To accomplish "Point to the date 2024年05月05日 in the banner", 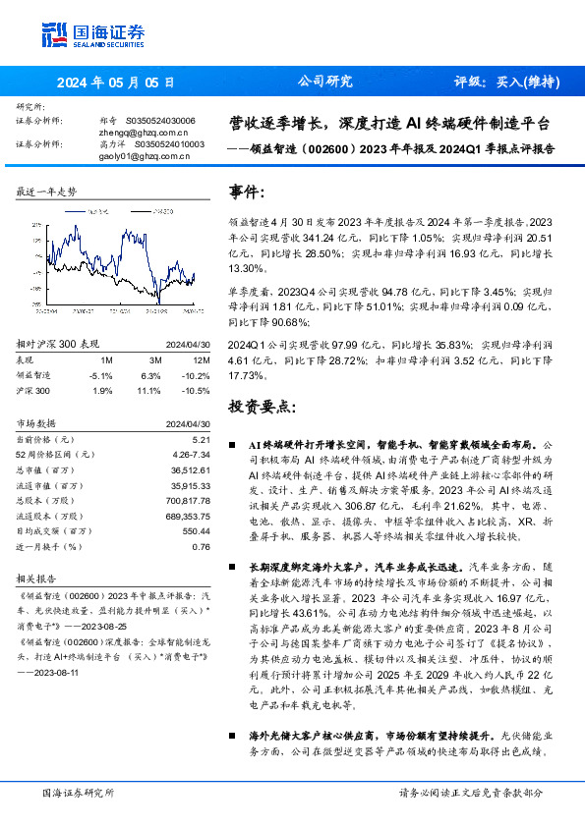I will [x=116, y=83].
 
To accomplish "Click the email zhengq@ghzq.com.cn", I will [x=144, y=131].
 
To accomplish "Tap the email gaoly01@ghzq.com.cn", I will [x=144, y=155].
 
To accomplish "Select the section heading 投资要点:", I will [x=261, y=405].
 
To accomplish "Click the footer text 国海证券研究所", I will [x=78, y=792].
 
